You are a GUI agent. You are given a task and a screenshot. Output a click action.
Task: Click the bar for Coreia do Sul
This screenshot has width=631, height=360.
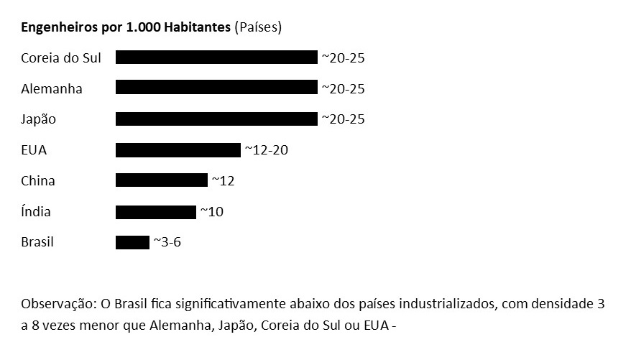click(x=216, y=57)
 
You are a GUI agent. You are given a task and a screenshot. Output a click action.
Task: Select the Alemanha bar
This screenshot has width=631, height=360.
click(x=216, y=87)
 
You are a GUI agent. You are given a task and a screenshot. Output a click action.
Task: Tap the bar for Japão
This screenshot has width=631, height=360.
click(x=216, y=119)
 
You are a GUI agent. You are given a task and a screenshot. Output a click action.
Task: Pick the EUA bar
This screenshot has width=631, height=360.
click(x=178, y=150)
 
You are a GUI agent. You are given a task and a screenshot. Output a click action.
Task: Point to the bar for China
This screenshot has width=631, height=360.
click(x=162, y=180)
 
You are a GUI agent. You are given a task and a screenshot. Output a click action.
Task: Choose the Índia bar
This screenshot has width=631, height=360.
click(x=156, y=212)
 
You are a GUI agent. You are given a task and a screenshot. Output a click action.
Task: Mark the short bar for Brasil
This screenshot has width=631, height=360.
click(x=132, y=243)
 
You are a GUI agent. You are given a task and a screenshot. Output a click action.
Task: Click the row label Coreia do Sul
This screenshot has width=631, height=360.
click(x=61, y=58)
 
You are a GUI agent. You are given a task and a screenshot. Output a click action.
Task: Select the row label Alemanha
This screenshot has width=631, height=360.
click(x=52, y=88)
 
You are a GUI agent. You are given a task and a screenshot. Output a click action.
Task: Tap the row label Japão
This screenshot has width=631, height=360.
click(x=38, y=119)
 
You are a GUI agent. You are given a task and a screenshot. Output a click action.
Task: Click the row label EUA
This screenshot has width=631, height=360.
click(x=34, y=150)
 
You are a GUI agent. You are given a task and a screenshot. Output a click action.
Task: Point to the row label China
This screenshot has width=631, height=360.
click(x=38, y=180)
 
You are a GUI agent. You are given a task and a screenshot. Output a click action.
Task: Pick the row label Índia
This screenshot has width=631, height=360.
click(x=36, y=211)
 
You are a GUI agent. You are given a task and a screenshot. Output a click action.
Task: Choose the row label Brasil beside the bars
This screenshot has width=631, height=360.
click(x=37, y=242)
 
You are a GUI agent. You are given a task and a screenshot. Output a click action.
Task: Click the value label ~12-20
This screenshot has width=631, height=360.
click(x=267, y=150)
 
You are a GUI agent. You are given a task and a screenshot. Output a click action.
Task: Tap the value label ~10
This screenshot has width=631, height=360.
click(x=212, y=211)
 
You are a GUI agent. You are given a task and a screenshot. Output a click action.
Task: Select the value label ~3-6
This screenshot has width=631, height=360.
click(x=167, y=242)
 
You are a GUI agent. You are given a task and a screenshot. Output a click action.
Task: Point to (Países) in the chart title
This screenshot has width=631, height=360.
click(x=258, y=27)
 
